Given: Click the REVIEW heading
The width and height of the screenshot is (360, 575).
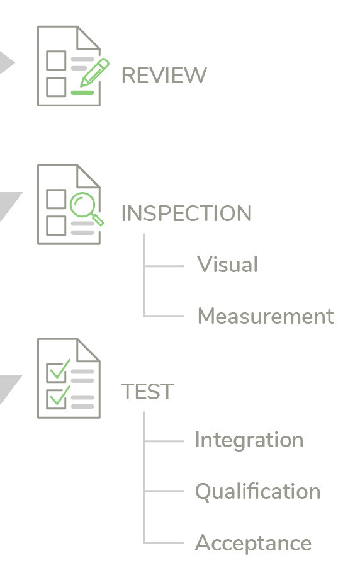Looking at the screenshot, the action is [x=164, y=75].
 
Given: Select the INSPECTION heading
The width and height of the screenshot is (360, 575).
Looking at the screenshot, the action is [x=186, y=213].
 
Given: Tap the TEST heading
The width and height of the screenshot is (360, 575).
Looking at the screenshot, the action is [x=147, y=391].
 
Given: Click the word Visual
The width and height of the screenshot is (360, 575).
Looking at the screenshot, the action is [x=227, y=264].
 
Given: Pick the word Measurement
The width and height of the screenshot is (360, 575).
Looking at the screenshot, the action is [x=266, y=316].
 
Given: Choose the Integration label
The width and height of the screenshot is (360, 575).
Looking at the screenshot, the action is [x=249, y=440].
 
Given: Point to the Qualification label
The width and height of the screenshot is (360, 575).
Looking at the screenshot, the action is [x=257, y=491].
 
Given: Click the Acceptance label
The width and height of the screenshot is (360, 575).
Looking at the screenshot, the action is [x=253, y=543].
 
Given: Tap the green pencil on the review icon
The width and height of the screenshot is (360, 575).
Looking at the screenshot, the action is [x=94, y=72].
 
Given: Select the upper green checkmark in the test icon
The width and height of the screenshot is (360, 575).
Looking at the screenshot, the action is [x=60, y=369].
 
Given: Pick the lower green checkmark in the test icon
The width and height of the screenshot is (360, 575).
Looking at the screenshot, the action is [x=60, y=396].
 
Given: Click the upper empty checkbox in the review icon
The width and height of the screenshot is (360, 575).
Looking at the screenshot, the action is [x=56, y=60].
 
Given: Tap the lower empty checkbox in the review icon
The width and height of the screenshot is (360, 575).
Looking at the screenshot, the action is [x=56, y=87].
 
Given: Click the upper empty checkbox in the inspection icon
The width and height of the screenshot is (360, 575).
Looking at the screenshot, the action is [x=56, y=199].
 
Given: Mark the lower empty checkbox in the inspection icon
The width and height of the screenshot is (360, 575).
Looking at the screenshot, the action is [x=56, y=225].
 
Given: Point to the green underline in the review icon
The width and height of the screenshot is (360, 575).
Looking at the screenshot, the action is [x=82, y=93].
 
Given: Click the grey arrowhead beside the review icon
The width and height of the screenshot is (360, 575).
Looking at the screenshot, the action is [x=6, y=62].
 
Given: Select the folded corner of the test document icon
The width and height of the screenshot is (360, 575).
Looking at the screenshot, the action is [x=88, y=350].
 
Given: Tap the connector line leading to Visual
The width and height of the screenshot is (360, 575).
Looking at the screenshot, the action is [x=164, y=266].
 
